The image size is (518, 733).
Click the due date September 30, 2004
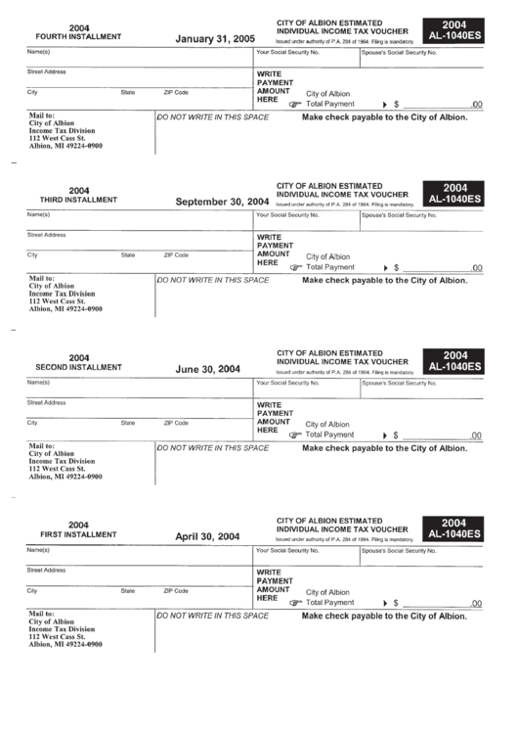pos(222,203)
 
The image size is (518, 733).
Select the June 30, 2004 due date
pos(207,369)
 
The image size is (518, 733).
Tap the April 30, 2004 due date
pos(207,536)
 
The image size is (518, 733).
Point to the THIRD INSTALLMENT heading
pos(78,198)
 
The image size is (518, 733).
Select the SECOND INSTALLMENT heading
pos(78,367)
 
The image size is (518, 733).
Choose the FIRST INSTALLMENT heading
pos(78,534)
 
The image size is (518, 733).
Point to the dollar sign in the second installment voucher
pos(396,435)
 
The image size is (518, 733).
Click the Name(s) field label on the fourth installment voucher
pos(39,51)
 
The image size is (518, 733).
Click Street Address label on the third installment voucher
pos(46,235)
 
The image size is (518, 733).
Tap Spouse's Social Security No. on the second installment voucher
pos(399,384)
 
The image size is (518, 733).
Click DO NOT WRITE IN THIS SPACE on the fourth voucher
pos(213,116)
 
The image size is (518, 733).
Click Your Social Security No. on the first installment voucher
pos(287,551)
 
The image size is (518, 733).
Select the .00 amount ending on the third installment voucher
pos(476,268)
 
